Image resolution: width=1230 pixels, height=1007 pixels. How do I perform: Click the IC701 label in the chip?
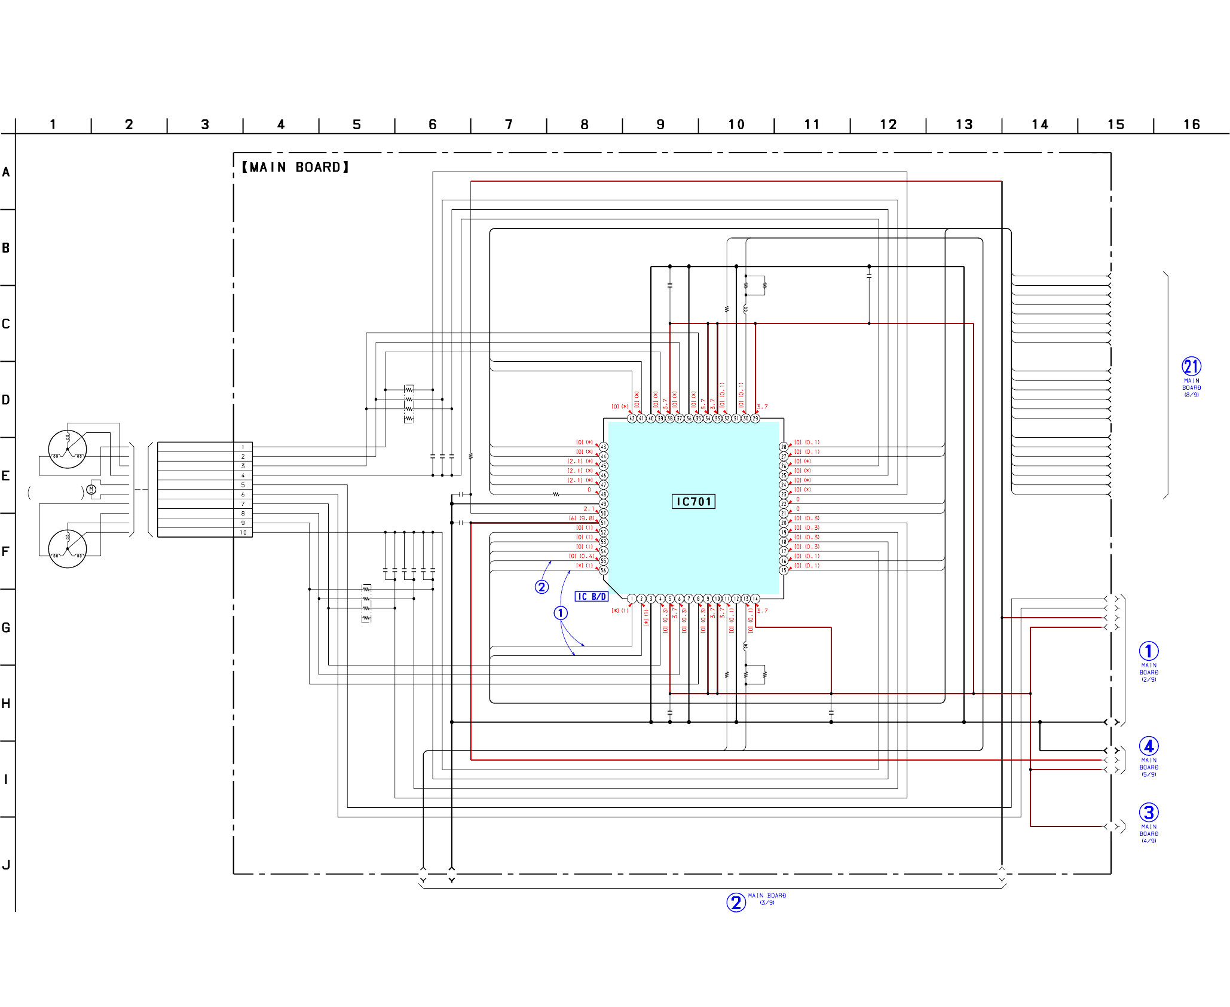[x=693, y=502]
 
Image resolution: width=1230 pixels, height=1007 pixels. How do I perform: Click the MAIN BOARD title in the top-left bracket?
[x=295, y=167]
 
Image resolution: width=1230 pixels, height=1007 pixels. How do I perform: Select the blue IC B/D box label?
[x=591, y=597]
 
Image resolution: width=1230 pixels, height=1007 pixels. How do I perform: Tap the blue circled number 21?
[x=1191, y=366]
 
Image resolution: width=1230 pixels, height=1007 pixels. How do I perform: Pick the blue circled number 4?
[x=1148, y=746]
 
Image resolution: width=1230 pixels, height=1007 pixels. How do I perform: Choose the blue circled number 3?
[x=1148, y=813]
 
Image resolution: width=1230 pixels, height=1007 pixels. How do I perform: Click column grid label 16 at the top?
[x=1191, y=124]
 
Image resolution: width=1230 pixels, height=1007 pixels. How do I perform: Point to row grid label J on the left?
[x=6, y=865]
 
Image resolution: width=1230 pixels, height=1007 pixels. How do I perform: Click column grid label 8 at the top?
[x=584, y=124]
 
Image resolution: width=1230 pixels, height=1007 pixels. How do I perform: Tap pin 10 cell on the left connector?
[x=243, y=532]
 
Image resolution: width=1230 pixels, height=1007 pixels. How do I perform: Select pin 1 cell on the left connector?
[x=243, y=447]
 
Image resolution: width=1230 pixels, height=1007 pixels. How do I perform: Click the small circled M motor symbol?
[x=91, y=490]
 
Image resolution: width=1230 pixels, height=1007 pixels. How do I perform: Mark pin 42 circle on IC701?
[x=632, y=419]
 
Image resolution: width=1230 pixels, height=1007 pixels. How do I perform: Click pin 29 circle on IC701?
[x=755, y=419]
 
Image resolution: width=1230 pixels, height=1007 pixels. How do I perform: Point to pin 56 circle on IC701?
[x=604, y=570]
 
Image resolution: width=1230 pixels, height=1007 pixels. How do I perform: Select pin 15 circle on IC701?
[x=784, y=570]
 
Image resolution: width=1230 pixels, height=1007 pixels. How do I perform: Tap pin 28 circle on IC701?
[x=784, y=447]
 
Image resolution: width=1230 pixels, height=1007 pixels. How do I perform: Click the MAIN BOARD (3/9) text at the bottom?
[x=767, y=899]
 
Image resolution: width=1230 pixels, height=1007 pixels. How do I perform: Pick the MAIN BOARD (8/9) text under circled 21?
[x=1191, y=387]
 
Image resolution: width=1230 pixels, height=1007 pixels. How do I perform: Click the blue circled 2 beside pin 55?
[x=541, y=587]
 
